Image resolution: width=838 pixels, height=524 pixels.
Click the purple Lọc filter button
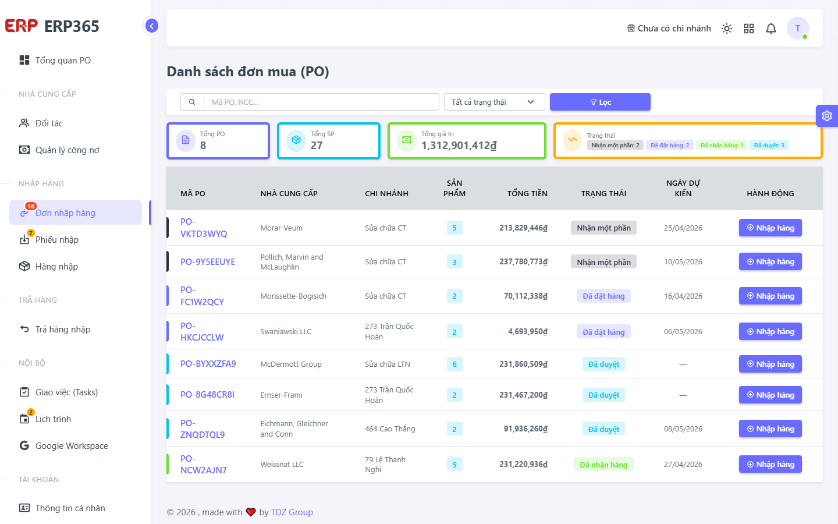click(599, 102)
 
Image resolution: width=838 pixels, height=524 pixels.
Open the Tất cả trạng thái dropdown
click(494, 102)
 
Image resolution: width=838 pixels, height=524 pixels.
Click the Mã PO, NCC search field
click(321, 102)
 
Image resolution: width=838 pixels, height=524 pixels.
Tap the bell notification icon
click(771, 29)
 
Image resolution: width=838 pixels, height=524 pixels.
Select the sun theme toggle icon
click(726, 29)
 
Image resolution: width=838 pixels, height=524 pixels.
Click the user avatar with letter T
click(798, 28)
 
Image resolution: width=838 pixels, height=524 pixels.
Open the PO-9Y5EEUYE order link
click(208, 261)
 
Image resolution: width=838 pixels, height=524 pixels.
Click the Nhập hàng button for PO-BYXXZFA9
click(770, 364)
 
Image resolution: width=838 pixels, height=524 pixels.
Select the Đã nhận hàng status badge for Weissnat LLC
click(603, 465)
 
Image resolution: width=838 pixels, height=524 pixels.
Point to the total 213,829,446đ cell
click(523, 228)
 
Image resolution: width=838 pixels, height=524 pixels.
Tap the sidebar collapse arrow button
click(151, 26)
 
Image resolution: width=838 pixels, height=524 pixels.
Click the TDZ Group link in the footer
click(292, 512)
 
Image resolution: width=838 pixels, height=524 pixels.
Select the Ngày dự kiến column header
click(683, 188)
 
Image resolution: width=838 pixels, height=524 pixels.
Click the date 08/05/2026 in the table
click(683, 429)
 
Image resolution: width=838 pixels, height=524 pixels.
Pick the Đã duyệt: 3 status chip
click(769, 145)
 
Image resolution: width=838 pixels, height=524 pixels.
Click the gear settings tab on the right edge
click(827, 116)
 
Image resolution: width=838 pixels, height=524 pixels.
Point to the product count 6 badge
click(454, 364)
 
